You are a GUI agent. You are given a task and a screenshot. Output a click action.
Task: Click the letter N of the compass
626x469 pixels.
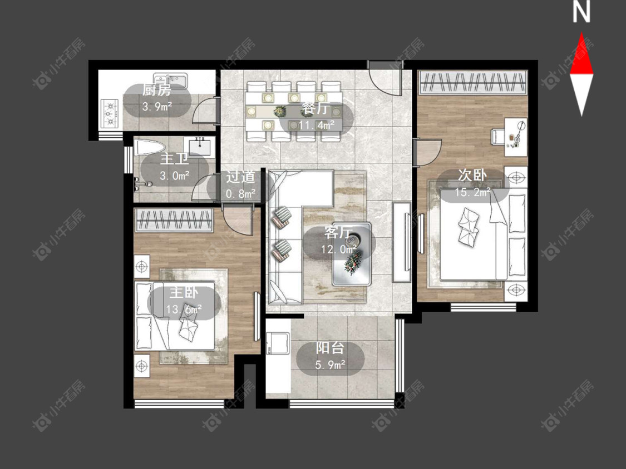(x=581, y=12)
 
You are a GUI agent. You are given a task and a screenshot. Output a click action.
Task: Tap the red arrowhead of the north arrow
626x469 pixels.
(x=581, y=54)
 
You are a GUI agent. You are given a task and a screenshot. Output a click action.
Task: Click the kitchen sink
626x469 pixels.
(x=170, y=79)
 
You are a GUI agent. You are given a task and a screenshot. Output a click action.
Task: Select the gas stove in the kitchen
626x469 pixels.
(x=110, y=113)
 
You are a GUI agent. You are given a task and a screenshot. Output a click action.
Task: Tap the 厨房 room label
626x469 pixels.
(x=156, y=91)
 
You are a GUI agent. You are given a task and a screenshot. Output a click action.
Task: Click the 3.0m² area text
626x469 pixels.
(x=175, y=176)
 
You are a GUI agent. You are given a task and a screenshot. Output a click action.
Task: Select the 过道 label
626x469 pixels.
(x=240, y=177)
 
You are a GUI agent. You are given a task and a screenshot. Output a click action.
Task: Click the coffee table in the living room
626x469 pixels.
(x=352, y=254)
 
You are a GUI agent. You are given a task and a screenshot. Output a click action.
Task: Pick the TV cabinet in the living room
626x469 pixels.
(x=401, y=242)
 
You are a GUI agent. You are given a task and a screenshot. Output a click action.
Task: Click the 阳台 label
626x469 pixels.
(x=330, y=348)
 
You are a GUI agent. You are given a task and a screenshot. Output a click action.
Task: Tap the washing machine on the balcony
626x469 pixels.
(x=278, y=343)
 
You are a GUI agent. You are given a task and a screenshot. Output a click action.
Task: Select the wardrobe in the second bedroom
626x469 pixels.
(x=472, y=83)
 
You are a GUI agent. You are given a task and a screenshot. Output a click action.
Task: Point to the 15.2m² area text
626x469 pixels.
(x=472, y=193)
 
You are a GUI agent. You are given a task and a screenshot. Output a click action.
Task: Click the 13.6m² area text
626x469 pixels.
(x=184, y=309)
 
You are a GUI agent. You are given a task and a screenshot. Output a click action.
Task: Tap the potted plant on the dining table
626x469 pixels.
(x=280, y=111)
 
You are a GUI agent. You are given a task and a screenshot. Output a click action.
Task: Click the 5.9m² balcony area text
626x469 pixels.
(x=330, y=365)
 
